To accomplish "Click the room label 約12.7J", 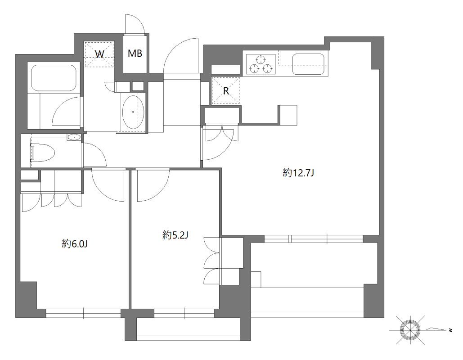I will click(x=298, y=172).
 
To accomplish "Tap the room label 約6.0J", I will click(x=74, y=244).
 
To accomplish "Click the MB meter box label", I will click(x=135, y=54).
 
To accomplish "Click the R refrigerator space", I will click(x=226, y=90).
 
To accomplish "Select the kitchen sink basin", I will click(x=309, y=63).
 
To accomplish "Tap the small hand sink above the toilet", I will click(x=74, y=137).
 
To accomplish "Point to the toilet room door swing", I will click(x=94, y=155).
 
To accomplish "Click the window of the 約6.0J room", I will click(x=83, y=313).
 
